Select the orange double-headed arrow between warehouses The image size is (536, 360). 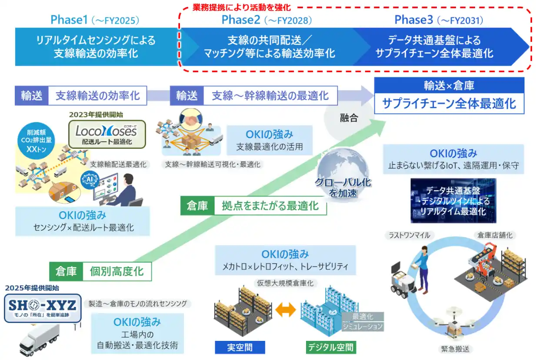pyautogui.click(x=286, y=310)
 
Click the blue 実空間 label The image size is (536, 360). pyautogui.click(x=240, y=347)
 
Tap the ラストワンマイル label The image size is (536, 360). pyautogui.click(x=409, y=235)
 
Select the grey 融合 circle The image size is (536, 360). pyautogui.click(x=348, y=117)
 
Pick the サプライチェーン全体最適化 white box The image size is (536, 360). pyautogui.click(x=449, y=104)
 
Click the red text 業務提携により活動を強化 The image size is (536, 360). pyautogui.click(x=242, y=7)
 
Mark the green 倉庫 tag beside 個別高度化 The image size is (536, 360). pyautogui.click(x=66, y=271)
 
